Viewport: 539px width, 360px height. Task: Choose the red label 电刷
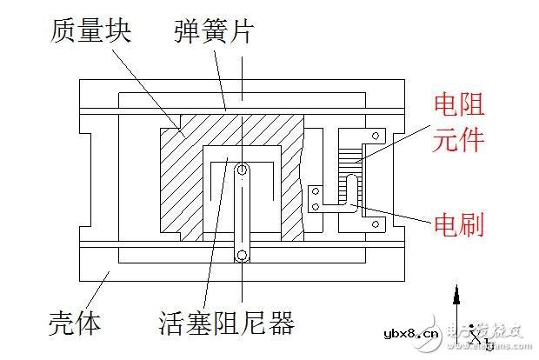(458, 225)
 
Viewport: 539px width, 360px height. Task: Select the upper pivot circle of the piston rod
(241, 170)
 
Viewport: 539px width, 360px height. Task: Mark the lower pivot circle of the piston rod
(241, 255)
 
